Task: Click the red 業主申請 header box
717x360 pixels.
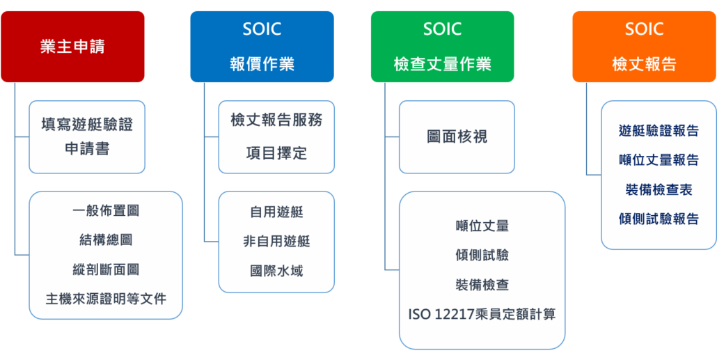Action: [72, 47]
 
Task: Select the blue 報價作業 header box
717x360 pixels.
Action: [262, 47]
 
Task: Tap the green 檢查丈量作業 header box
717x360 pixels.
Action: [442, 47]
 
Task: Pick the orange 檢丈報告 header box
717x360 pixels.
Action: [645, 47]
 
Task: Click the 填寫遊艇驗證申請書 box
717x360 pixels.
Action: [87, 137]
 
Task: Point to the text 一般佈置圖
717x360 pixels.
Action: [106, 211]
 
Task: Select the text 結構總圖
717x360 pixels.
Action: [106, 240]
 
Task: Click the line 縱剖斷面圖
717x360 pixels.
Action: [106, 269]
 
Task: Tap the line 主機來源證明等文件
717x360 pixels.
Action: [106, 299]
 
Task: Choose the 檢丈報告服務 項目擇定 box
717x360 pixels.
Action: [276, 137]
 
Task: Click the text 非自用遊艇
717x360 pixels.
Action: [276, 241]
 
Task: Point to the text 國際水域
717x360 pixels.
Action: [276, 271]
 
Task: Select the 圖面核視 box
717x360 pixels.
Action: [457, 137]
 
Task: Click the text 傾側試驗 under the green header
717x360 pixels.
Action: [482, 256]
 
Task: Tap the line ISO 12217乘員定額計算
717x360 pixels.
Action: [482, 315]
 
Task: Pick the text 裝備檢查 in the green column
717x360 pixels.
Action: [482, 285]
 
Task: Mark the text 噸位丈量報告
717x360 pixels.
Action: [659, 160]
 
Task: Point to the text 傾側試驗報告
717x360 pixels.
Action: [659, 219]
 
